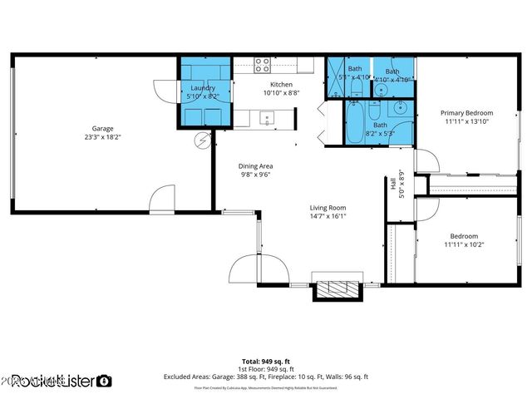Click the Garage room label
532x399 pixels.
(103, 129)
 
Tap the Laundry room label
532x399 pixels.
(204, 88)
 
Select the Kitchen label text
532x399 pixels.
(281, 85)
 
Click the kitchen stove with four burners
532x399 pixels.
(262, 65)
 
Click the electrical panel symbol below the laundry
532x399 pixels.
(202, 141)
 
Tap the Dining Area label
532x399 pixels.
(256, 165)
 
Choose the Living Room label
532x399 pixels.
(328, 208)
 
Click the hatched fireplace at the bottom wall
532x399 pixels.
(337, 290)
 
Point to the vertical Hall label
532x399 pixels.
(392, 184)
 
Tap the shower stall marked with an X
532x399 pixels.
(337, 78)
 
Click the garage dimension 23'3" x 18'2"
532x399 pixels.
(103, 138)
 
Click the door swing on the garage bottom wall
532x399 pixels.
(162, 199)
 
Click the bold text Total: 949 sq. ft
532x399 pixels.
(266, 362)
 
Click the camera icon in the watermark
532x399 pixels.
(104, 381)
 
